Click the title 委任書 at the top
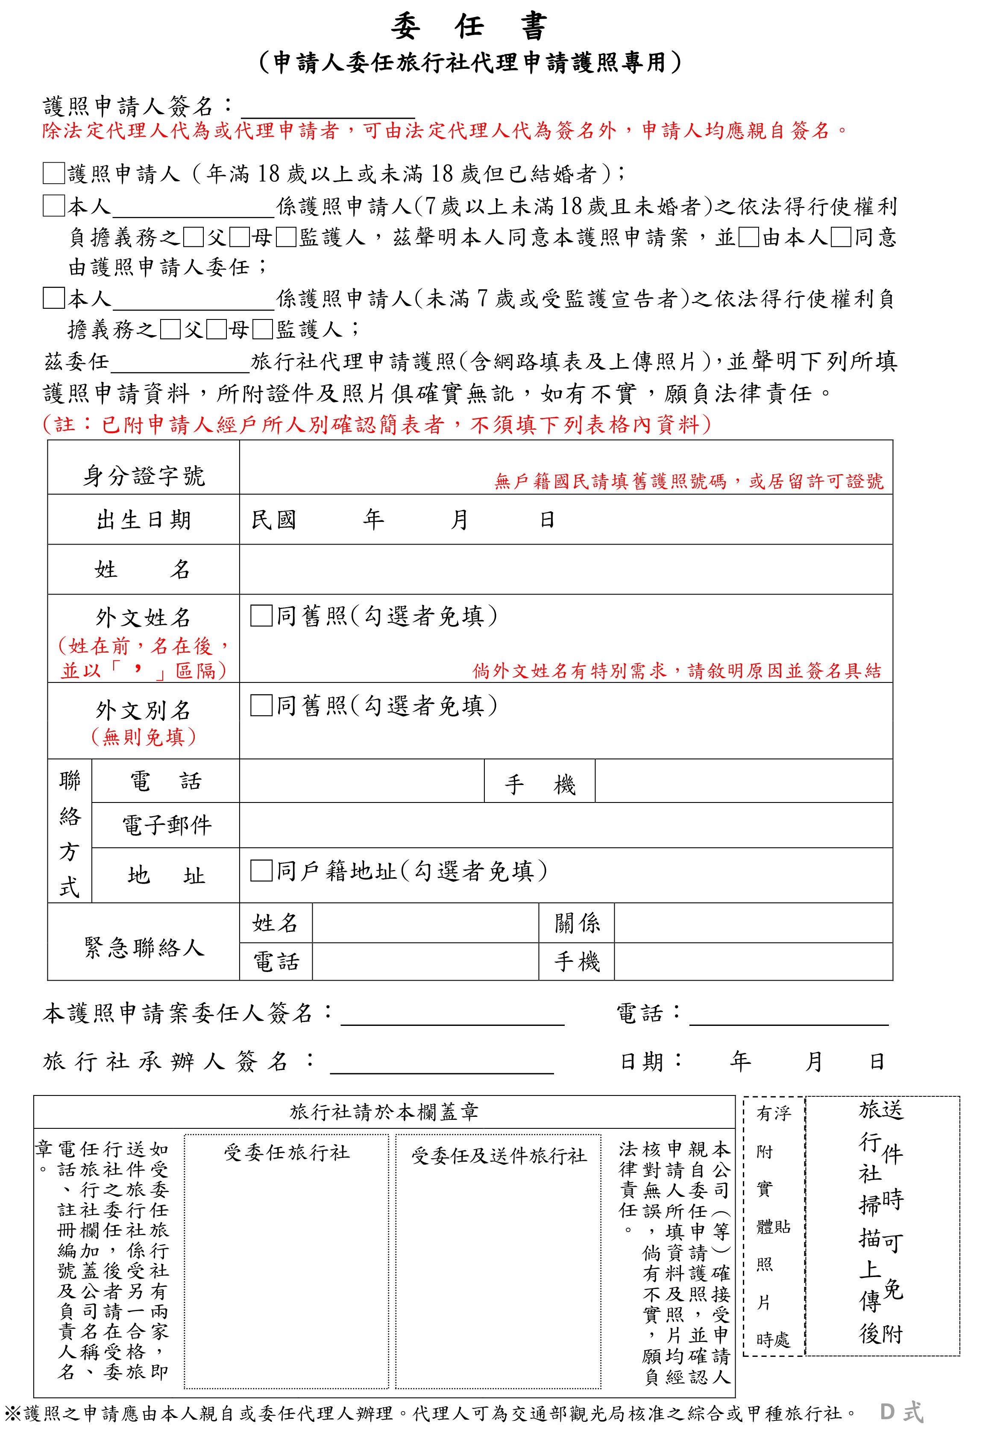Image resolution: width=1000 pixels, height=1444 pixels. click(469, 26)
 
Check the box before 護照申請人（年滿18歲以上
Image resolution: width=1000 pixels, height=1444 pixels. click(54, 173)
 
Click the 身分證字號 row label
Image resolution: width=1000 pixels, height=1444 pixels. click(144, 476)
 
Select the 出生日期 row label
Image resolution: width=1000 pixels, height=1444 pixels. click(144, 520)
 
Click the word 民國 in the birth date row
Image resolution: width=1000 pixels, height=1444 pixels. click(273, 520)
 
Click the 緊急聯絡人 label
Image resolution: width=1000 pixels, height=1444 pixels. click(144, 947)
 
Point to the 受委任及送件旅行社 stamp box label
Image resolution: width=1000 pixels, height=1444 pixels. click(499, 1155)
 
